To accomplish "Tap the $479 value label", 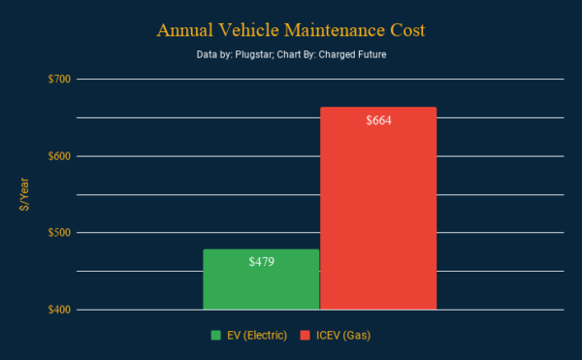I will (x=261, y=262).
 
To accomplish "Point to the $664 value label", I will (x=378, y=120).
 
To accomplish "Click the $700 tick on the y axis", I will (x=59, y=79).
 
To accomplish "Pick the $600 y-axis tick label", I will (x=59, y=156).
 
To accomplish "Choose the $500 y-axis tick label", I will (x=59, y=233).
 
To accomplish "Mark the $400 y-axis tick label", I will (x=59, y=310).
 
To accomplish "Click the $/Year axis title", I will (x=24, y=194).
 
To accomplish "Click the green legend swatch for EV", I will (x=216, y=336).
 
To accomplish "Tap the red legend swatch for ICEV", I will (x=306, y=336).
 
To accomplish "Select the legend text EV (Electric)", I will (x=257, y=336).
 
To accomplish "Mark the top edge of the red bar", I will (x=378, y=108).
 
